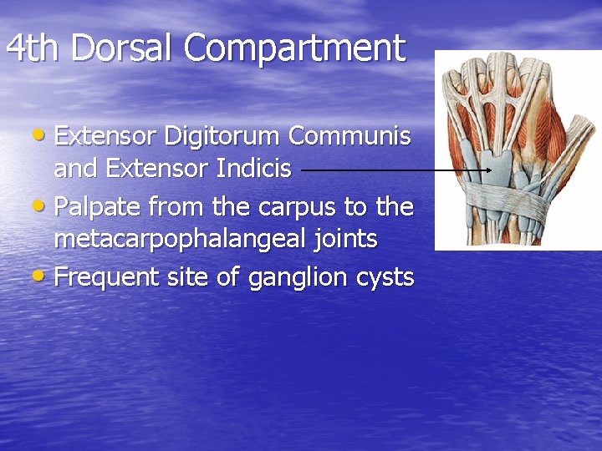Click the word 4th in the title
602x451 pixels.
pos(34,48)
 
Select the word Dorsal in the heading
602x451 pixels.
pos(123,48)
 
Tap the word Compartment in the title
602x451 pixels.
pos(294,48)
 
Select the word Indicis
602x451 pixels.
pos(253,169)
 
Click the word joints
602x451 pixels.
pos(345,241)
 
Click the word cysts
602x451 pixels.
pos(384,276)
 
